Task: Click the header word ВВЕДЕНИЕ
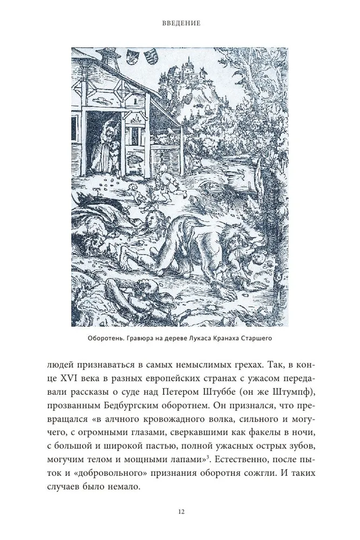click(x=180, y=24)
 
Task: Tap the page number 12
click(x=180, y=512)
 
